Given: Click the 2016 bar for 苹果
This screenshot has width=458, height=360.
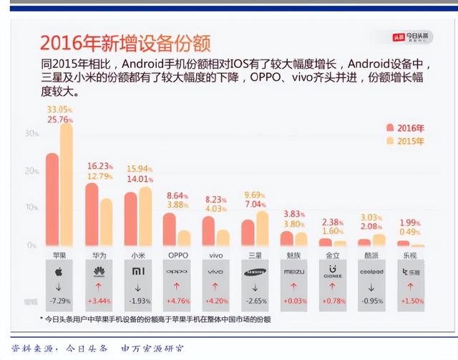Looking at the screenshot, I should [x=52, y=200].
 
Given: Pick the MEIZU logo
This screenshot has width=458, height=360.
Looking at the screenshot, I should [x=294, y=273].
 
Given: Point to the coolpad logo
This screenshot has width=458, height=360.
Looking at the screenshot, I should [x=373, y=273].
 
